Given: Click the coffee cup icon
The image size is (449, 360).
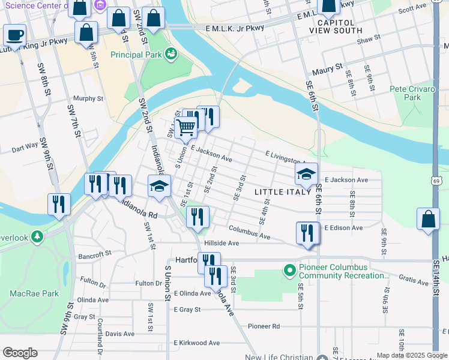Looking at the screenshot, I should [14, 34].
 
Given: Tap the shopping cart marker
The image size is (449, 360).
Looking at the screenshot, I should [185, 127].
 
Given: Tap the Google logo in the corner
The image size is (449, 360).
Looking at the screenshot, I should [20, 353].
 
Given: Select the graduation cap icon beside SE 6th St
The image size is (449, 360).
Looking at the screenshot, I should [306, 175].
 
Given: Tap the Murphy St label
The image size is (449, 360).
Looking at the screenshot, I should [88, 98].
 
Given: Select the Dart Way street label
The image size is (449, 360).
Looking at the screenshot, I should [25, 146].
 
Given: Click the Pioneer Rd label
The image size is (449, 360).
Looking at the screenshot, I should [264, 326].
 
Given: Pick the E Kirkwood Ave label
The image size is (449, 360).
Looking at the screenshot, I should [197, 343].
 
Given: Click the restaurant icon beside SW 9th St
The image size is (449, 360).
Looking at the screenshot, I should [59, 203].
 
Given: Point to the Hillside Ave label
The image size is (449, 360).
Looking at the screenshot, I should [221, 243].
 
